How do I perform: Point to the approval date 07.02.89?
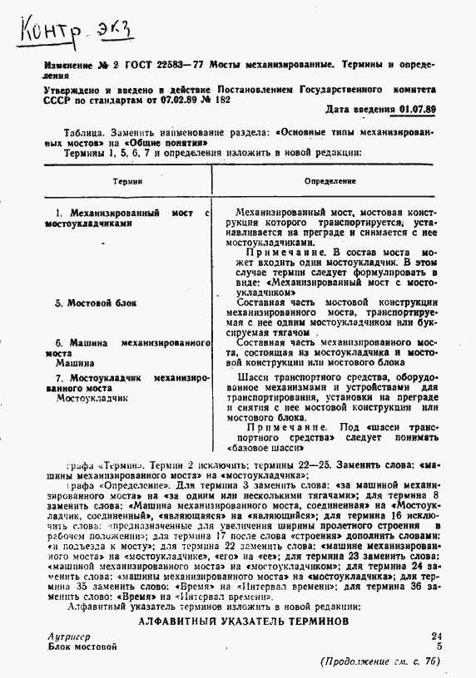pos(166,98)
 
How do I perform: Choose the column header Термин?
pos(129,180)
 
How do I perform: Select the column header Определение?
pos(330,180)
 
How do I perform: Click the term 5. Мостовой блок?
pos(95,303)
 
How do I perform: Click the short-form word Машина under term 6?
pos(73,363)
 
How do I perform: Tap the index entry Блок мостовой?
pos(82,646)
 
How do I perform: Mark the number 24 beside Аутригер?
pos(437,636)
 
